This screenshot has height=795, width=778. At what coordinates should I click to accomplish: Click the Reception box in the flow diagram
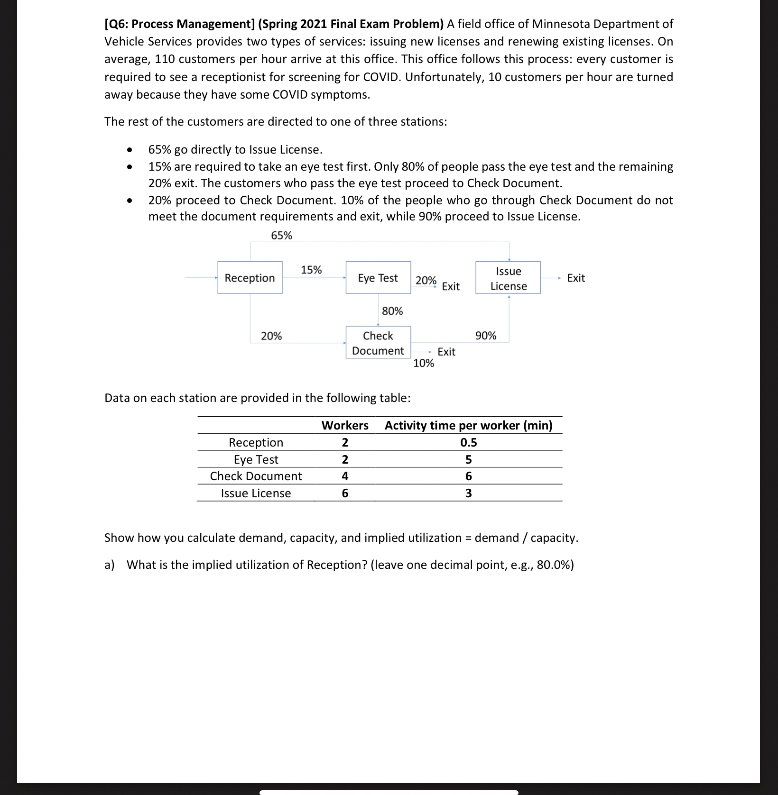point(250,278)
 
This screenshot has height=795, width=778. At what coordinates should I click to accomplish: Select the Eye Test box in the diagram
point(378,278)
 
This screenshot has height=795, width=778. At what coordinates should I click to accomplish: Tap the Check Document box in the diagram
point(378,343)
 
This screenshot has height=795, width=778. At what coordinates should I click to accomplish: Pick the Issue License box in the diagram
point(508,278)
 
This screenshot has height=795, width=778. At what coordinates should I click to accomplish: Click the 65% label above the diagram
point(281,236)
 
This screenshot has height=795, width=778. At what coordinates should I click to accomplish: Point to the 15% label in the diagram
point(311,270)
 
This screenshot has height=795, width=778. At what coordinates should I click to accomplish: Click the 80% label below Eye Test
point(392,311)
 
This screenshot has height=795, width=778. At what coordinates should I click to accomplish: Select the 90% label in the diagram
point(486,336)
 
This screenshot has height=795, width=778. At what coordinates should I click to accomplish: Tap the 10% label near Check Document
point(424,363)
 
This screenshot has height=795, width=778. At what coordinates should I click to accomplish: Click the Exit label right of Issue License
point(576,278)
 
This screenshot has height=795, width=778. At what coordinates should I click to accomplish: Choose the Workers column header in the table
point(345,425)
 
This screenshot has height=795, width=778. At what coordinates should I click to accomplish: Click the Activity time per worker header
point(468,425)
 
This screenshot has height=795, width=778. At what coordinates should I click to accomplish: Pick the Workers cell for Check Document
point(345,476)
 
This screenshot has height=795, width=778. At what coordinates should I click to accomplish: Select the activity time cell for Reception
point(468,442)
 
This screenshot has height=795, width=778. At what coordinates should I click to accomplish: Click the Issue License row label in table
point(256,493)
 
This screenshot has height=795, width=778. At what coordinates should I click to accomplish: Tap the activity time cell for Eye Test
point(468,459)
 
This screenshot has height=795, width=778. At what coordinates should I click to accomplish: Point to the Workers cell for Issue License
point(345,493)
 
